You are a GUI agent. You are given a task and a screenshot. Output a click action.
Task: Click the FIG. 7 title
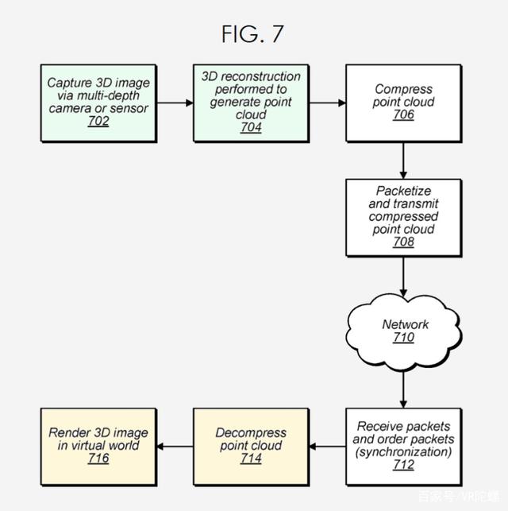click(253, 33)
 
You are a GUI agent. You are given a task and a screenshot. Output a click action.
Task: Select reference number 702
click(99, 122)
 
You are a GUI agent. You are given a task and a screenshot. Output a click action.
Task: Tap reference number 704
click(251, 128)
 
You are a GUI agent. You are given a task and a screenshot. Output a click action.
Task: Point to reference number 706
click(402, 115)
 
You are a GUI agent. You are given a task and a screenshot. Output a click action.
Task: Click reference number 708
click(403, 242)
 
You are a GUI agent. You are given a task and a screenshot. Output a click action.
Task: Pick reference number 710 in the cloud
click(403, 337)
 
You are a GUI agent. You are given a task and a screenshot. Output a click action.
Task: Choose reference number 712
click(403, 465)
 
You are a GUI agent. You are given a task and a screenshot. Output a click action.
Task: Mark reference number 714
click(251, 459)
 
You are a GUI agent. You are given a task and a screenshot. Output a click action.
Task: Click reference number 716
click(98, 459)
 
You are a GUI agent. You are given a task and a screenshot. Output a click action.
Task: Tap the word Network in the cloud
click(405, 323)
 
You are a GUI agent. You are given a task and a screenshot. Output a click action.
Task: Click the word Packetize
click(403, 192)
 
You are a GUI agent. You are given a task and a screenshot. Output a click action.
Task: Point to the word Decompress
click(251, 432)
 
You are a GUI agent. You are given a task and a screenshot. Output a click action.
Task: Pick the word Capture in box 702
click(70, 83)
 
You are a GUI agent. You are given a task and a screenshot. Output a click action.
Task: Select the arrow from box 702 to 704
click(175, 103)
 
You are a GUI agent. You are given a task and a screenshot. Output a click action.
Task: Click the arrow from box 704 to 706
click(327, 103)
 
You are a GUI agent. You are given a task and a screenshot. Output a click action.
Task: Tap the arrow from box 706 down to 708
click(403, 159)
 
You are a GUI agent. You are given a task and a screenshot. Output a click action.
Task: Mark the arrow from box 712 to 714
click(327, 446)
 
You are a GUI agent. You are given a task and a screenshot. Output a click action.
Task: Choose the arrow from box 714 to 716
click(175, 446)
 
